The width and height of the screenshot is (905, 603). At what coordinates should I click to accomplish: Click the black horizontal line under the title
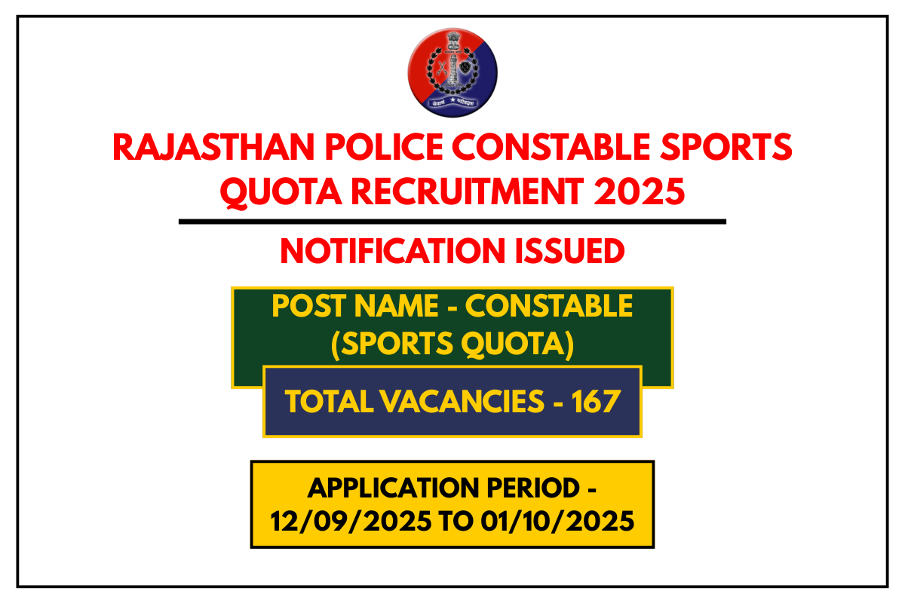[x=452, y=222]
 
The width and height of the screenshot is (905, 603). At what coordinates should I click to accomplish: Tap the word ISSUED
[x=575, y=251]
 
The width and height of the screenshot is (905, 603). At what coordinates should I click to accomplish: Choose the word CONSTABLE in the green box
[x=548, y=306]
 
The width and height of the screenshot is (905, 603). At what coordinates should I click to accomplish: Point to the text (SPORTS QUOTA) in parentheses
[x=452, y=344]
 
